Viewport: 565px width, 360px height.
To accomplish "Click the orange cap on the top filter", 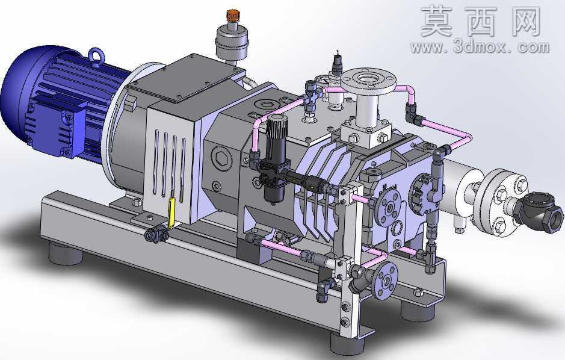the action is click(x=233, y=15).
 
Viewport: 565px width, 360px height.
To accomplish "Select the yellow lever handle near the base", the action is click(x=171, y=213).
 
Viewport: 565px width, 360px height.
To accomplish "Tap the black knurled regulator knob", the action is click(x=276, y=129).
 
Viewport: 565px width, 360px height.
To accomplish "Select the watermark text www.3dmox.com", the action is click(x=480, y=47).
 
